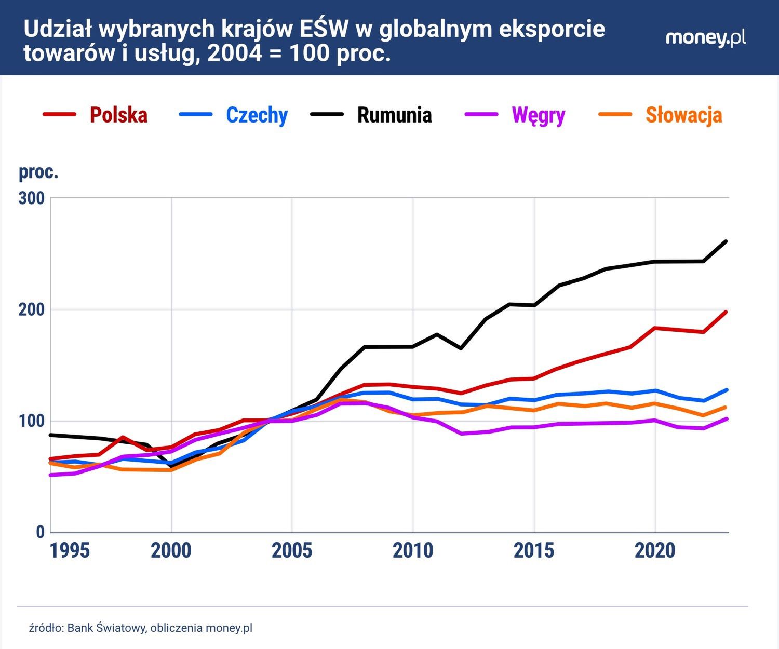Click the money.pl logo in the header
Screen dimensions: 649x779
[x=705, y=38]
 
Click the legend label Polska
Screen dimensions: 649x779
[x=118, y=115]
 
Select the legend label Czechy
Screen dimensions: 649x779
[x=257, y=115]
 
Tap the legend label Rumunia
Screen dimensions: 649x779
[x=394, y=115]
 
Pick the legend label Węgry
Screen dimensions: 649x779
[x=538, y=115]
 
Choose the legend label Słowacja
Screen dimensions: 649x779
[x=683, y=115]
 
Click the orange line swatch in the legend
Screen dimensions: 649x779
[x=615, y=114]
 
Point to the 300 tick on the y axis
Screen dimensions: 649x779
[x=32, y=198]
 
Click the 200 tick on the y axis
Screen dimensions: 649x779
[x=32, y=310]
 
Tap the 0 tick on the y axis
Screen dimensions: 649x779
[x=40, y=532]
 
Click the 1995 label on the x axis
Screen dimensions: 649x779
[x=70, y=551]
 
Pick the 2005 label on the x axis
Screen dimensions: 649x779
[x=292, y=551]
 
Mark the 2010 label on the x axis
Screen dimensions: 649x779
[x=413, y=551]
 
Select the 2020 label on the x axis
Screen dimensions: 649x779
[x=655, y=551]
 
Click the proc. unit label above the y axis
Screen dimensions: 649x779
[x=38, y=172]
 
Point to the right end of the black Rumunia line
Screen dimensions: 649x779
[x=726, y=241]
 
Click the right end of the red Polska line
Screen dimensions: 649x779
[x=726, y=312]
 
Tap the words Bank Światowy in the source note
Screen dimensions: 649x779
[x=106, y=628]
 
